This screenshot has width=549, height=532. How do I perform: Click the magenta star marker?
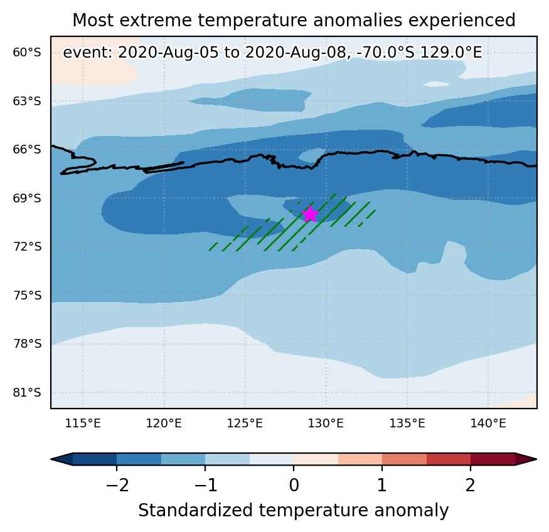click(310, 214)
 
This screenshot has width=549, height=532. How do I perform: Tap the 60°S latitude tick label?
click(27, 53)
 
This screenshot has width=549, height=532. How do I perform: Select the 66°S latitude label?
click(27, 149)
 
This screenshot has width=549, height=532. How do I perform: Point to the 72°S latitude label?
click(27, 247)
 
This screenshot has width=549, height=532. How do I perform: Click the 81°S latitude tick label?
click(27, 392)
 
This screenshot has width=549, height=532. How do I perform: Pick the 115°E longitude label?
click(83, 424)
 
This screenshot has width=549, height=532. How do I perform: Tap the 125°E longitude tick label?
click(245, 424)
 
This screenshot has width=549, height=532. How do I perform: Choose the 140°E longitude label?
click(488, 424)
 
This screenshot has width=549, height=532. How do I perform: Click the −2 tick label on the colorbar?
click(117, 486)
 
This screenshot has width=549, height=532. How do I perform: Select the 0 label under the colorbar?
click(294, 486)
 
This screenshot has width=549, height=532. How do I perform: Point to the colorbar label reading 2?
click(471, 486)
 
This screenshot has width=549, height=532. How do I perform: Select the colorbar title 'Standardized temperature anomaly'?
click(294, 510)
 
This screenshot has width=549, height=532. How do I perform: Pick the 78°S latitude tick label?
click(27, 344)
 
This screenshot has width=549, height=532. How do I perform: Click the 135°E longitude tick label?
click(407, 424)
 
